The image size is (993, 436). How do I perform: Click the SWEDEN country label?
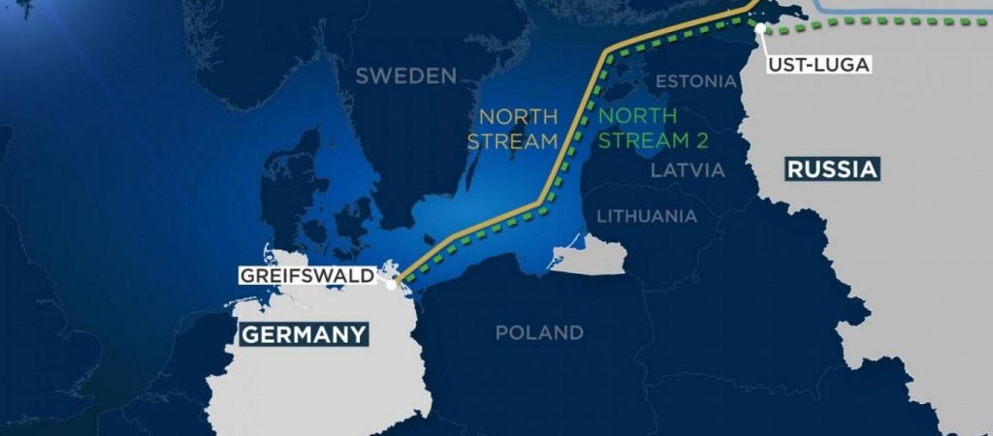click(405, 77)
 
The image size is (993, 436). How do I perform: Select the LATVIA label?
click(688, 171)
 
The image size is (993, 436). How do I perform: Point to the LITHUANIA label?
click(647, 215)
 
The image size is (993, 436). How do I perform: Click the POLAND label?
click(539, 333)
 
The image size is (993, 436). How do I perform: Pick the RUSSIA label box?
click(832, 171)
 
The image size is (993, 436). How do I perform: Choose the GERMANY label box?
click(304, 335)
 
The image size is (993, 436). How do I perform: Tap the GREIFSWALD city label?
click(306, 276)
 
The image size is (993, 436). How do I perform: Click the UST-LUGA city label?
click(818, 65)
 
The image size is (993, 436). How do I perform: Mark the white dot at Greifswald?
click(391, 284)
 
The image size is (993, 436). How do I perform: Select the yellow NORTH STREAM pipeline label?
click(513, 128)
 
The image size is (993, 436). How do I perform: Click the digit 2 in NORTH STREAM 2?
click(700, 140)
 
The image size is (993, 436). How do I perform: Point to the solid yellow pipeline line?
click(572, 126)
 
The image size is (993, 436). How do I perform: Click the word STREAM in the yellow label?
click(513, 140)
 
